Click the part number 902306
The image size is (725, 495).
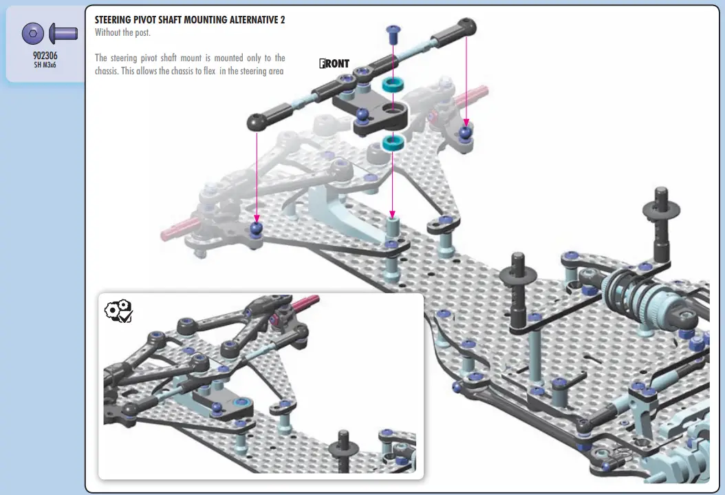point(45,56)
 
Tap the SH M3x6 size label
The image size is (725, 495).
point(45,65)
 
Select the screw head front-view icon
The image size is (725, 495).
point(33,33)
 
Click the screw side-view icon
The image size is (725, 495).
point(63,33)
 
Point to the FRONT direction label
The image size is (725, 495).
point(334,63)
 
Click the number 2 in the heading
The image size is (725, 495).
point(282,20)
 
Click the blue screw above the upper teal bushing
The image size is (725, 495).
point(393,32)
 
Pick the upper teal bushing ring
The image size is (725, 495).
point(393,84)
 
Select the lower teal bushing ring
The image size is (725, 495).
point(393,142)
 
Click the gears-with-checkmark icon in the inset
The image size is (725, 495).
point(119,311)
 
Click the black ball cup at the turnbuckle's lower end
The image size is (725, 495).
point(257,122)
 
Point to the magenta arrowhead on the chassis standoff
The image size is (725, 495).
point(393,215)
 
